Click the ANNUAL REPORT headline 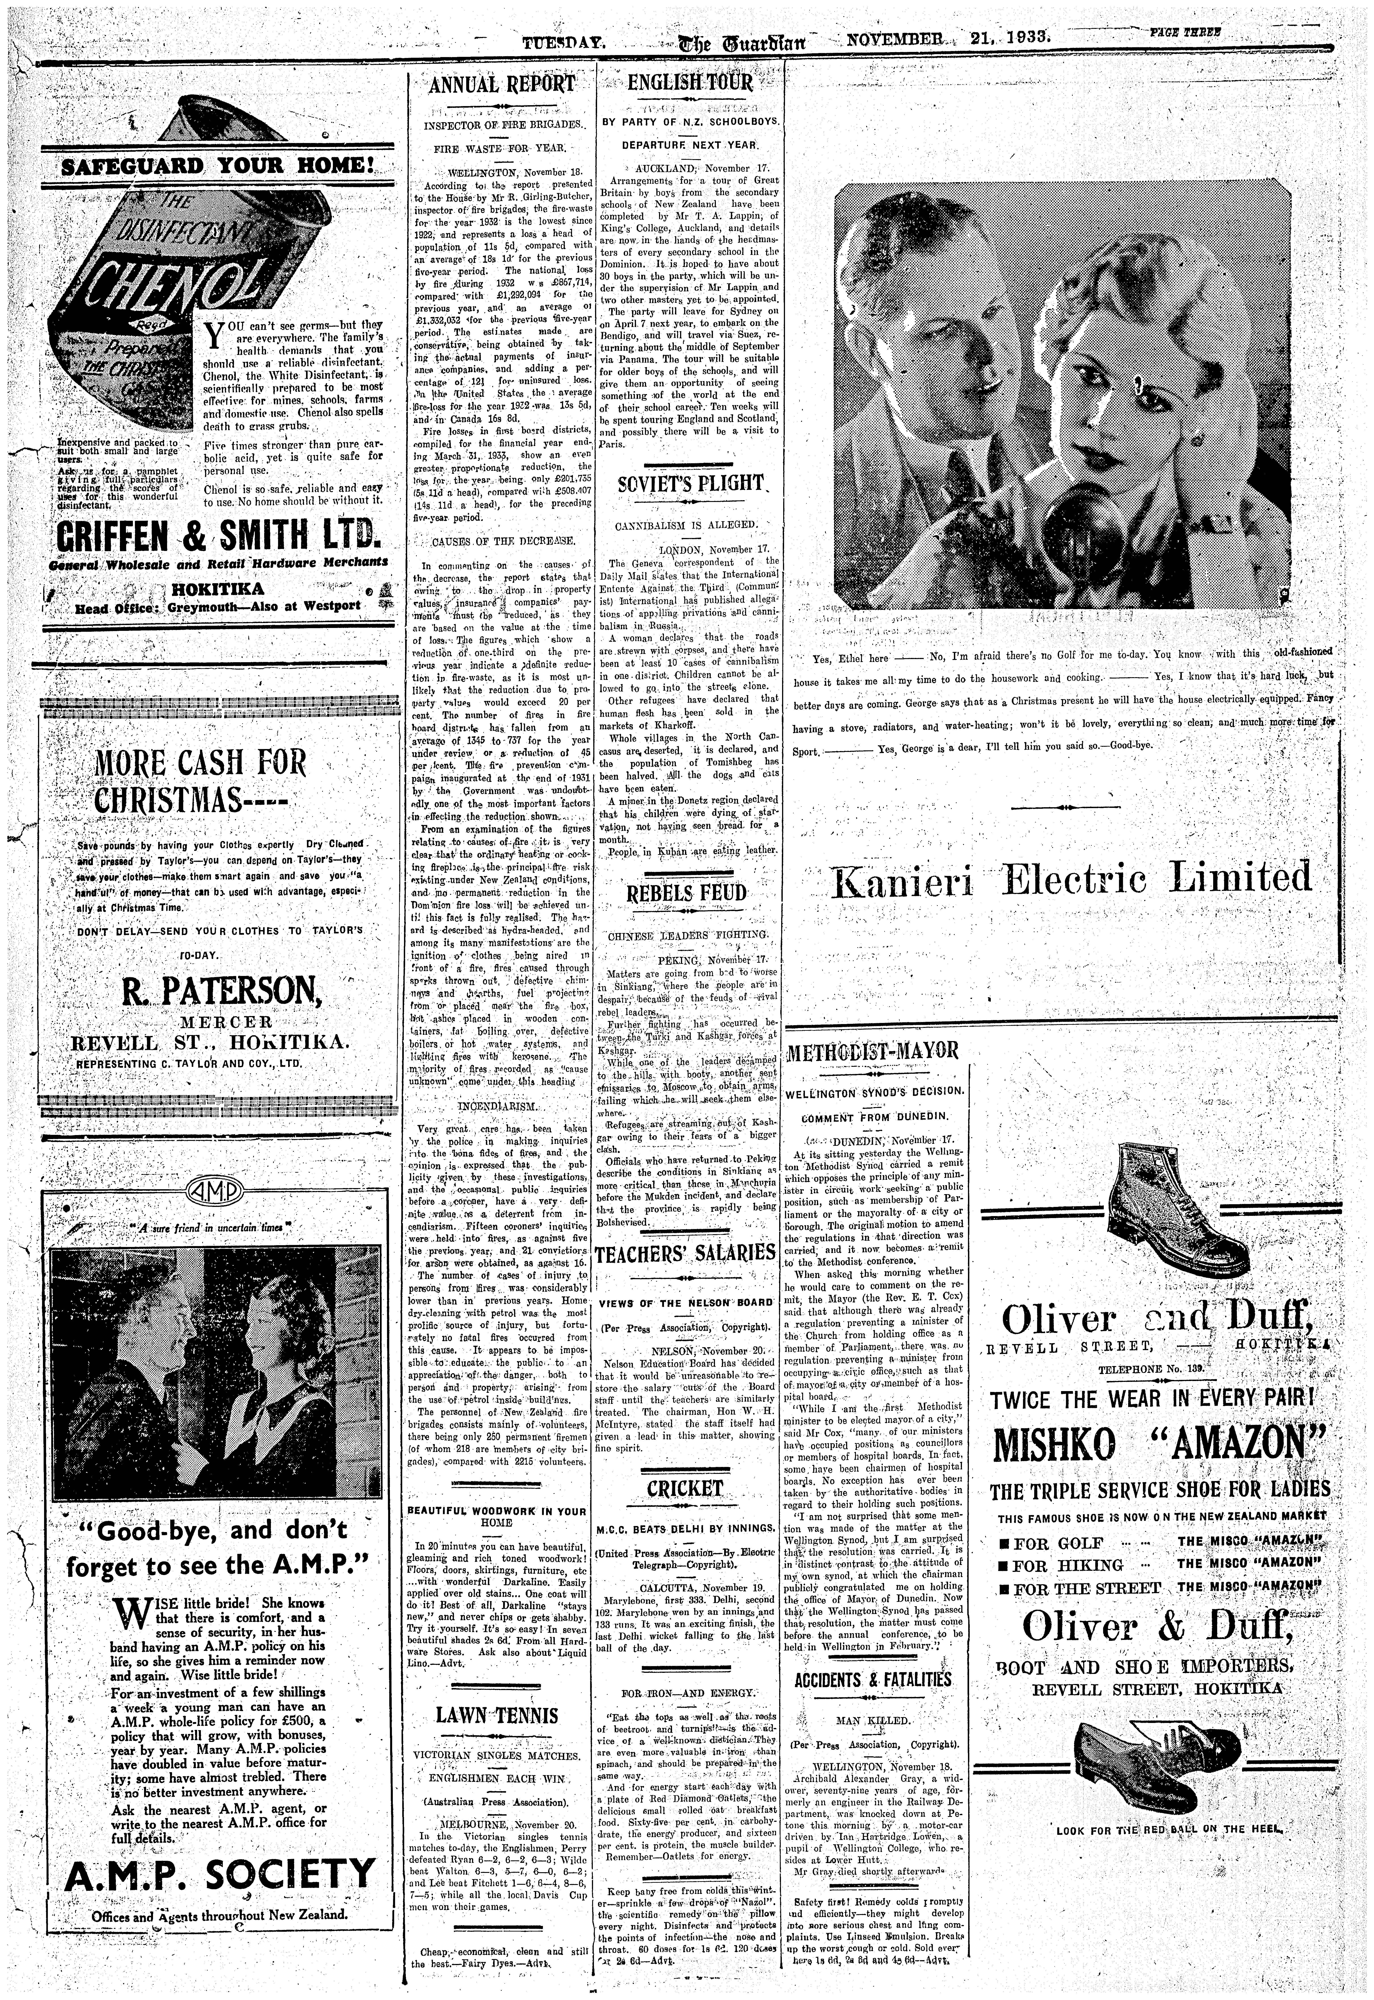pyautogui.click(x=501, y=84)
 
